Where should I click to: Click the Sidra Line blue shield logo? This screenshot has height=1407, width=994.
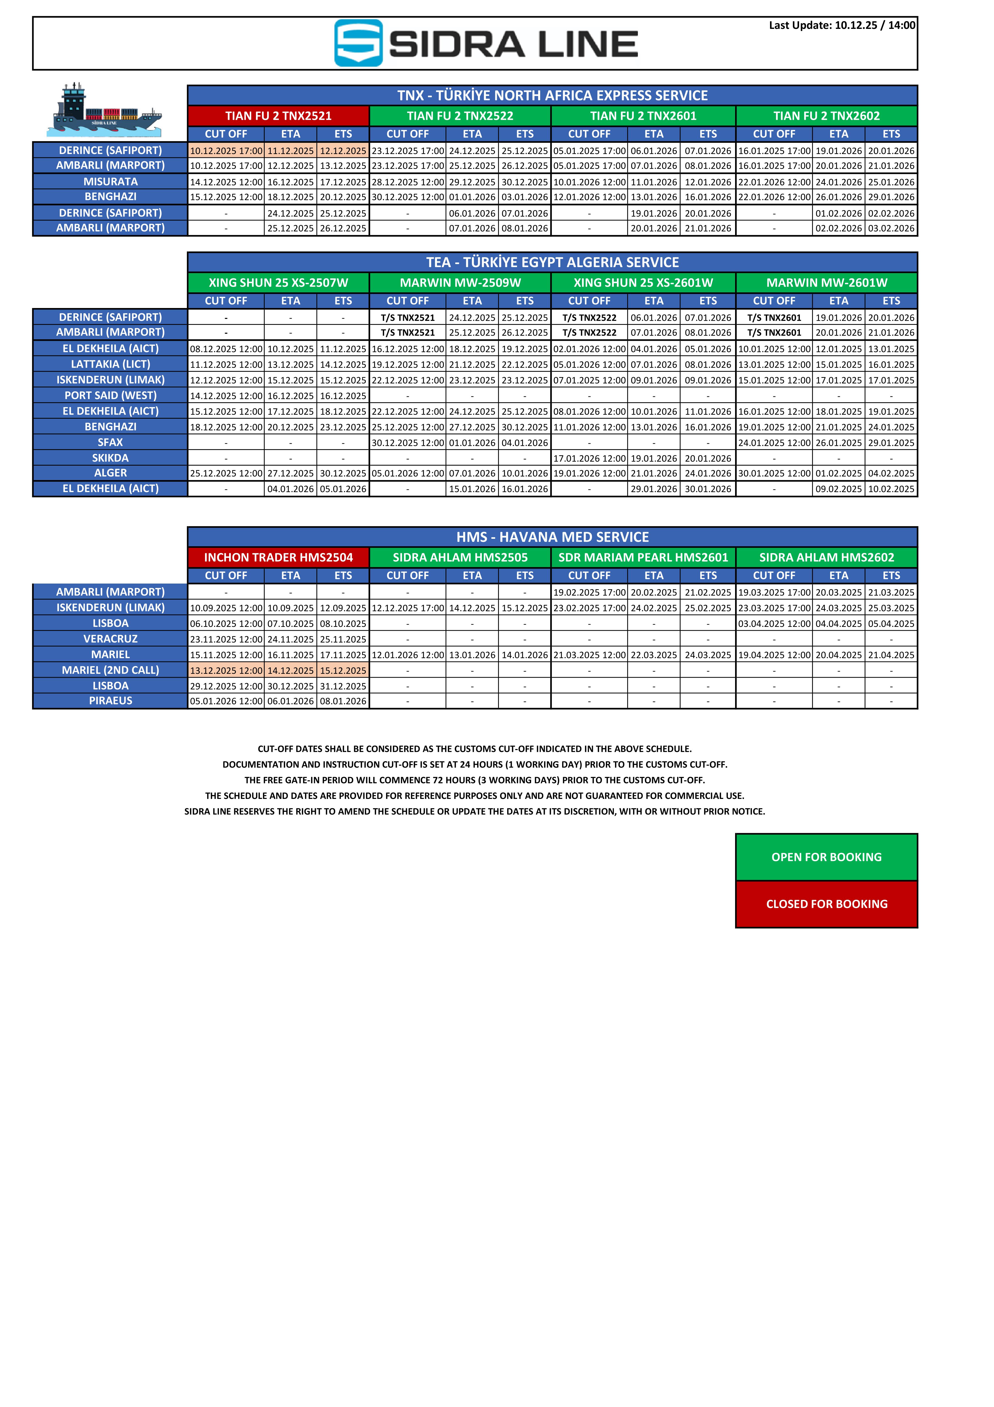(359, 43)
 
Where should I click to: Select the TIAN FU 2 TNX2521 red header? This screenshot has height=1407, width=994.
(278, 116)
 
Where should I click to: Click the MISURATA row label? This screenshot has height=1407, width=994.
(110, 181)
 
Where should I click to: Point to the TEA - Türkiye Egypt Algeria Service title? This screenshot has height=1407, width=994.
(552, 262)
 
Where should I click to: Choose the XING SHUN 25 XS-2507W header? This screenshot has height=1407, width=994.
(278, 283)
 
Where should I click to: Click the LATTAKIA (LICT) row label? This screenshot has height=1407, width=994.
(110, 364)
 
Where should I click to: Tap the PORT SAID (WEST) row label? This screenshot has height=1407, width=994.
(110, 395)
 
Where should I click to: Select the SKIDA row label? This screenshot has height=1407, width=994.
(110, 458)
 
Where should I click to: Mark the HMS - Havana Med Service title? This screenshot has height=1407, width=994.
(552, 537)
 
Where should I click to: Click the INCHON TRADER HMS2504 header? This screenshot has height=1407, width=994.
(278, 557)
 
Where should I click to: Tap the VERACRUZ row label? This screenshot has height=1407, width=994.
(110, 639)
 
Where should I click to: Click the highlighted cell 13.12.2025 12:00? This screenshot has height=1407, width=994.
(226, 670)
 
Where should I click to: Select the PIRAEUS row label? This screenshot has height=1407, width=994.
(110, 700)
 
